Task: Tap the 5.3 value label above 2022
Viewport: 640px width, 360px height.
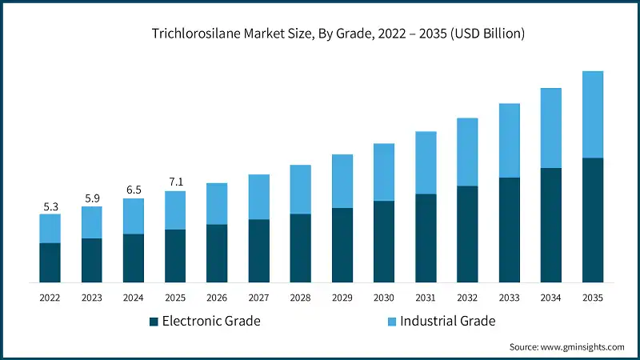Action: tap(50, 206)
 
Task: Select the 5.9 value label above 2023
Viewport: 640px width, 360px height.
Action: tap(91, 198)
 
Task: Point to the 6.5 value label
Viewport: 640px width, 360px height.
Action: tap(133, 190)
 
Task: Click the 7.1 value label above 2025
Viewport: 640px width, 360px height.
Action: tap(175, 182)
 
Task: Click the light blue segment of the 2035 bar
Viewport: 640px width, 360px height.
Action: tap(593, 114)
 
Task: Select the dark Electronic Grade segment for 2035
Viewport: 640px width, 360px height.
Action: tap(593, 220)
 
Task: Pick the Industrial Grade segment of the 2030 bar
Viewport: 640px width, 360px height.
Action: tap(384, 172)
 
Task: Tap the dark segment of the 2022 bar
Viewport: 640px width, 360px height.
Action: tap(50, 262)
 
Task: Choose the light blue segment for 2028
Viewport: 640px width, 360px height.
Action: tap(300, 190)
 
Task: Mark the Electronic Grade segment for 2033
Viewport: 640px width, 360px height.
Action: tap(510, 230)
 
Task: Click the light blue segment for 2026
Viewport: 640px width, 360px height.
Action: tap(217, 204)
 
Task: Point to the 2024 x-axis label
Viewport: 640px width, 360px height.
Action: tap(133, 297)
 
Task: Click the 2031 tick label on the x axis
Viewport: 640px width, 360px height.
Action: tap(426, 297)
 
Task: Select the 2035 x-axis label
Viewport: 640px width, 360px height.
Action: tap(593, 297)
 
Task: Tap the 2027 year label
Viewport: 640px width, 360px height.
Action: tap(258, 297)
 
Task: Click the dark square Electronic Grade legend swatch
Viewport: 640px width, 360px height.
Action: tap(153, 322)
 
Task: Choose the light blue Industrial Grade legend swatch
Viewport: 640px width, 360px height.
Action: tap(390, 322)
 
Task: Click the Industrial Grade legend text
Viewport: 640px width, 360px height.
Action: tap(448, 322)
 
